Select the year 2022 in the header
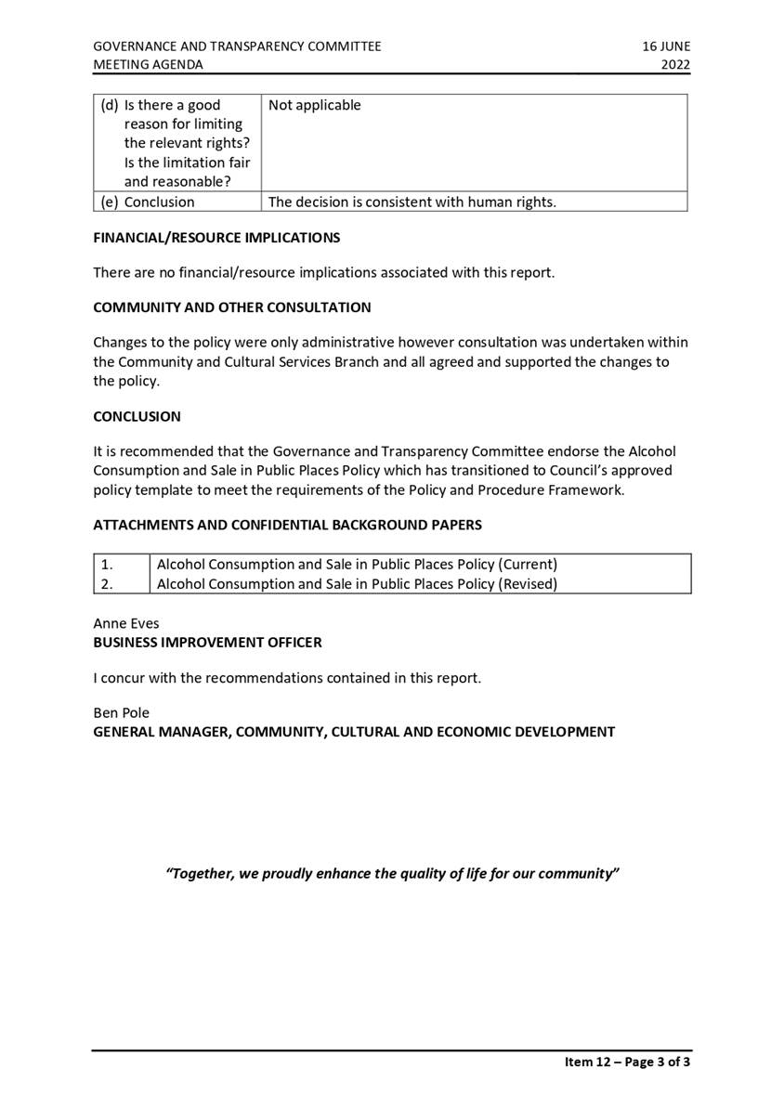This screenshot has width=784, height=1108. point(675,65)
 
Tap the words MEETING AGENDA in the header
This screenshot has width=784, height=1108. point(148,65)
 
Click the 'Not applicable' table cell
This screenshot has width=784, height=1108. point(314,105)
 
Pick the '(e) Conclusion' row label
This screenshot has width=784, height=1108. point(149,202)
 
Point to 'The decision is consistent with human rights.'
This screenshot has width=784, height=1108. point(412,202)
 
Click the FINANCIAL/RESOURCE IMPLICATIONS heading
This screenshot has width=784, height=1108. point(216,238)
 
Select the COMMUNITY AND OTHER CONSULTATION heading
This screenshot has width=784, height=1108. point(231,307)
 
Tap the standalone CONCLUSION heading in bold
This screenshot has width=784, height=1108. point(137,417)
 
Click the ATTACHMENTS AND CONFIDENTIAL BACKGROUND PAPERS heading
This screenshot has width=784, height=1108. point(287,525)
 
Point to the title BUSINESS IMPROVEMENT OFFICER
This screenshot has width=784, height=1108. point(207,642)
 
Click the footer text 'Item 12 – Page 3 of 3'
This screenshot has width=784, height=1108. point(627,1062)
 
